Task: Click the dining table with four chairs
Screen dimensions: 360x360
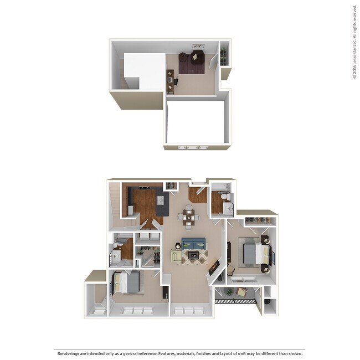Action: click(x=189, y=216)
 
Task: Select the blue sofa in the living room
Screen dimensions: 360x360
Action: click(x=193, y=243)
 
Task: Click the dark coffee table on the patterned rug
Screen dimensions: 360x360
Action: click(x=194, y=255)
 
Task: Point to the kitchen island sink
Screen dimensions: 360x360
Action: click(x=160, y=200)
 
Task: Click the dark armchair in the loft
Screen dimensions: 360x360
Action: click(x=197, y=58)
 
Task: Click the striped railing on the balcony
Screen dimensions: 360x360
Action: click(x=235, y=301)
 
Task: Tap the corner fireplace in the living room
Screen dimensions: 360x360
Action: click(x=214, y=269)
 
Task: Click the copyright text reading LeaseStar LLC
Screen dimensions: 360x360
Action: click(x=354, y=42)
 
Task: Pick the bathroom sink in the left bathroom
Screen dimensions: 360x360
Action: click(x=117, y=255)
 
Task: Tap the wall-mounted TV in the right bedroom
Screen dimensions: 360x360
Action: click(x=229, y=252)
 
